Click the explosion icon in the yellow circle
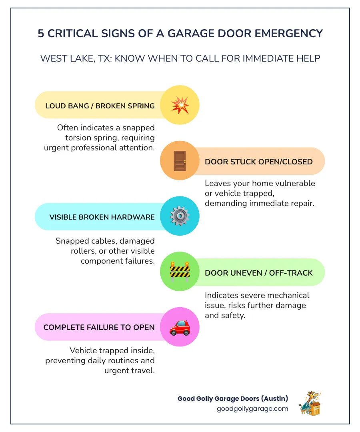[x=180, y=105]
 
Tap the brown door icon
[x=180, y=161]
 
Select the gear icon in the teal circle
[x=180, y=216]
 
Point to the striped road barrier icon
[x=180, y=272]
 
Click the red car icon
[x=180, y=327]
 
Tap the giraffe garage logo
[x=310, y=404]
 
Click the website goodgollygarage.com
[x=252, y=408]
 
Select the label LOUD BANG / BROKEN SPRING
[x=100, y=106]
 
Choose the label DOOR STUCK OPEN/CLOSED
[x=259, y=162]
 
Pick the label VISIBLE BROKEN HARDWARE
[x=102, y=217]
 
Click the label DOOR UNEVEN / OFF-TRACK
[x=259, y=273]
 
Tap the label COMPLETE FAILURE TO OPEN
[x=99, y=328]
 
